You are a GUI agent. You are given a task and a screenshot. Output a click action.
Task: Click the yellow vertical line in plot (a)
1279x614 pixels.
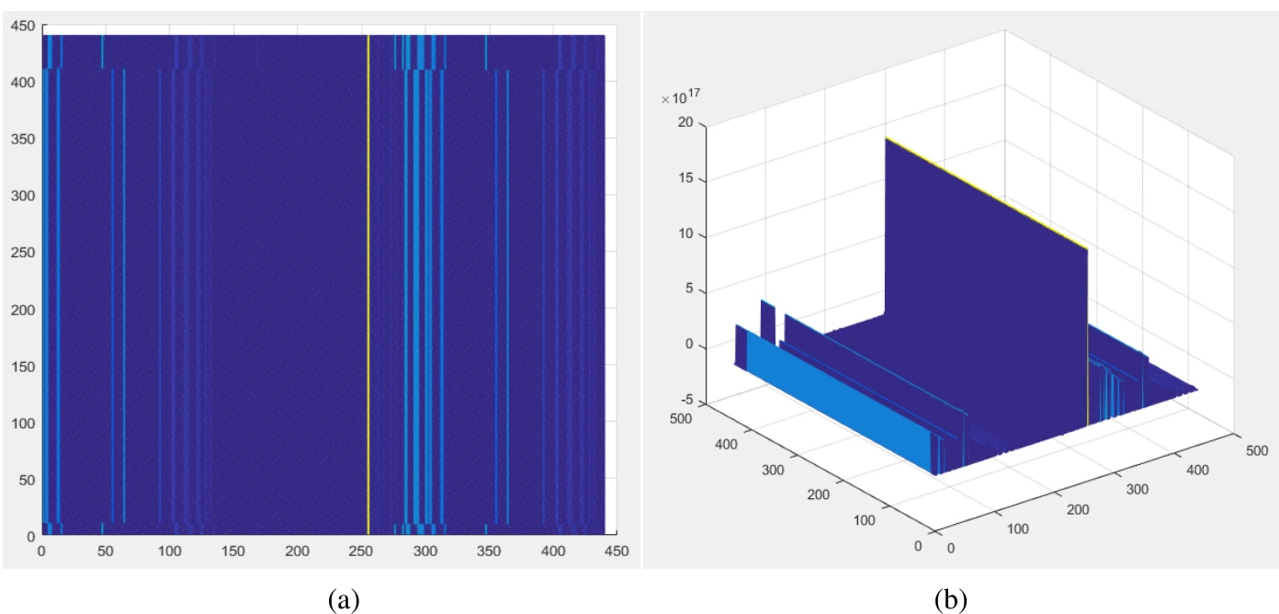(368, 284)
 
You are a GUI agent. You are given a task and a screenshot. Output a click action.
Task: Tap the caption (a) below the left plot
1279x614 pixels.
(344, 599)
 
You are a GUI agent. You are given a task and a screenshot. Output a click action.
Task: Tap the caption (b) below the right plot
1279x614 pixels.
(951, 599)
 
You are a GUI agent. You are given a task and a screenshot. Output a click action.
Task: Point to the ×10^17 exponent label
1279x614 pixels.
(681, 97)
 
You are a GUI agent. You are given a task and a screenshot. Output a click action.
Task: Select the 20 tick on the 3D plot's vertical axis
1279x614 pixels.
(685, 122)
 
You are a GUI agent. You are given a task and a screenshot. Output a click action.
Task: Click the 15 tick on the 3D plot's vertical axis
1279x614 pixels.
(685, 178)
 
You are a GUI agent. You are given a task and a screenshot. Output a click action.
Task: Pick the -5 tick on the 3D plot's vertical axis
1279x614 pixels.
(687, 399)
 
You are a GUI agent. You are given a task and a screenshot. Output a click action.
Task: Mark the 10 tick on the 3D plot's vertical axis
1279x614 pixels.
(685, 233)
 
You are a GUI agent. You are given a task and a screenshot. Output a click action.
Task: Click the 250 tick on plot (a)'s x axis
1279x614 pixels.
(361, 551)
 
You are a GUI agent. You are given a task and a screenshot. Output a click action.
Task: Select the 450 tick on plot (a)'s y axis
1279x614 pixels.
(23, 27)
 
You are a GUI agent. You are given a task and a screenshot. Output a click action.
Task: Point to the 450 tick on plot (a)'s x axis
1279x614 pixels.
(617, 551)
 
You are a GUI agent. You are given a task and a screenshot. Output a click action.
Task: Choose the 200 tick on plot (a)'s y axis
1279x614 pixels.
(23, 310)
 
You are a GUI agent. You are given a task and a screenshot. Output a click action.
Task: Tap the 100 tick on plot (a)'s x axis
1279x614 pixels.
(170, 551)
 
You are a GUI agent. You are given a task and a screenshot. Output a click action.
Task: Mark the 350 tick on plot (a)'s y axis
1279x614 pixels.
(23, 140)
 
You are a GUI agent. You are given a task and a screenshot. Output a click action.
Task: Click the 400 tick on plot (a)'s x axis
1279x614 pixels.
(553, 551)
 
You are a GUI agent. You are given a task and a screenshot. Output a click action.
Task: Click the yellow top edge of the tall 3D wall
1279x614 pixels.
(987, 193)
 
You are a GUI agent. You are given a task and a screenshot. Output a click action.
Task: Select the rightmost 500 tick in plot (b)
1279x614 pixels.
(1257, 450)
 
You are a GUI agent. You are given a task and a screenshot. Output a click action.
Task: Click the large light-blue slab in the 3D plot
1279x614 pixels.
(840, 403)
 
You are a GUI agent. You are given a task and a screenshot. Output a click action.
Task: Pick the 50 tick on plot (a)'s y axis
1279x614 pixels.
(27, 481)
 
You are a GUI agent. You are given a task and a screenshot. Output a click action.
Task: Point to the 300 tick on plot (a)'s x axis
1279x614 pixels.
(424, 551)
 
